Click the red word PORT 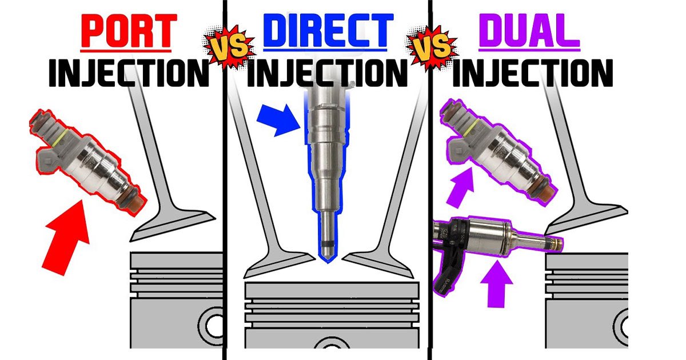[x=129, y=31]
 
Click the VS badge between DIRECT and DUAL [x=432, y=46]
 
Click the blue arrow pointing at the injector [x=278, y=120]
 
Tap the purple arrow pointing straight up [x=496, y=283]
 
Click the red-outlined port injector [x=87, y=162]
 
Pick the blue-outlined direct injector [x=328, y=171]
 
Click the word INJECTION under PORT [x=129, y=73]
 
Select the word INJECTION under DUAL [x=533, y=73]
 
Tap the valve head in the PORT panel [x=173, y=226]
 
